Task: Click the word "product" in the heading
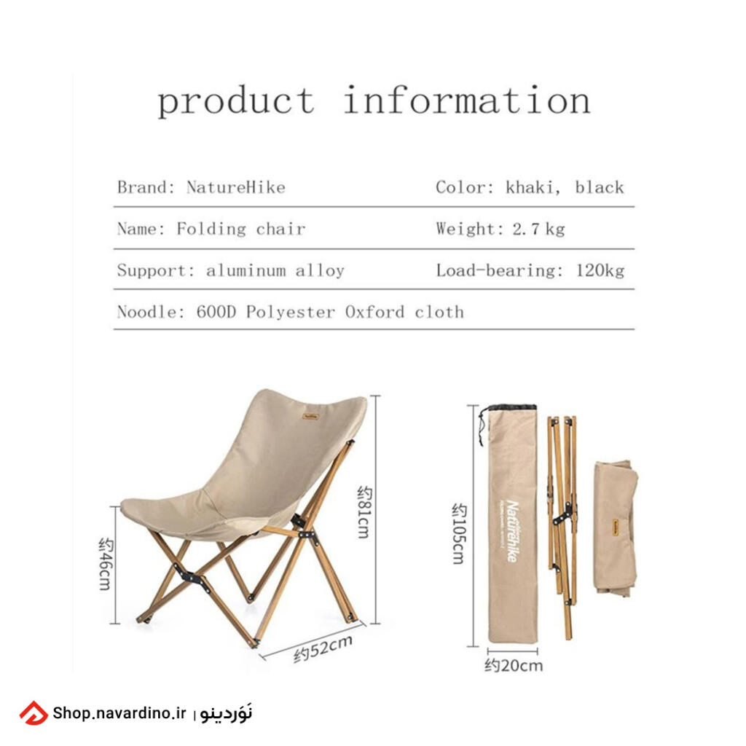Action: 236,101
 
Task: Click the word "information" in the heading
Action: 467,100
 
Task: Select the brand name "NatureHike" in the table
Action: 236,187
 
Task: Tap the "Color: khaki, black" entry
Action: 530,187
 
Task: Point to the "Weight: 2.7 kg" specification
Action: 500,229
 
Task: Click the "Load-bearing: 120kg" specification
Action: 530,271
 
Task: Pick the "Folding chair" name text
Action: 240,229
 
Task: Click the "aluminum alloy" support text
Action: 275,271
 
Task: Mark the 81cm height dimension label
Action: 364,512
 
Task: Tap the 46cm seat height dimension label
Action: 106,564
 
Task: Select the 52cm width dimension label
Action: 323,648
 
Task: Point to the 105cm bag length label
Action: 459,533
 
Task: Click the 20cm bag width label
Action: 514,665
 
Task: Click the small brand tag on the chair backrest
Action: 310,417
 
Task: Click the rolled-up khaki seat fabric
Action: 616,528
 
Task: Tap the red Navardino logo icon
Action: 34,713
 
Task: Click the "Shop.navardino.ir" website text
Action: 119,712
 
